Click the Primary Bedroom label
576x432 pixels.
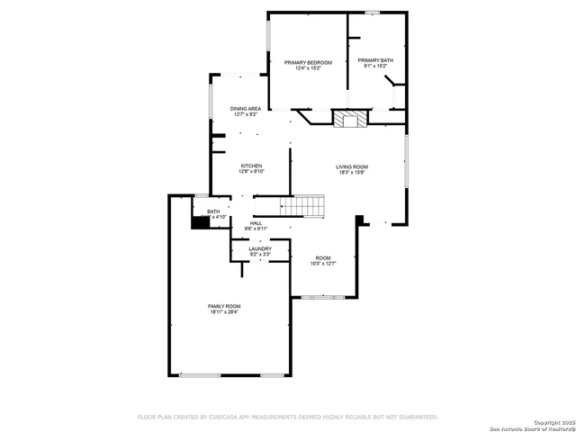coord(309,61)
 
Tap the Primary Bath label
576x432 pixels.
coord(375,60)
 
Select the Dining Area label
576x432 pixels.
coord(245,108)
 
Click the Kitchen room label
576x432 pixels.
coord(251,166)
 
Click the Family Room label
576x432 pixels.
coord(225,306)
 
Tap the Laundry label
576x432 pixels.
coord(247,248)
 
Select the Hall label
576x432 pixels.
coord(256,222)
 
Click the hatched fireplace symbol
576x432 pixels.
coord(350,119)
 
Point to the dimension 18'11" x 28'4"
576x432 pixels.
coord(225,312)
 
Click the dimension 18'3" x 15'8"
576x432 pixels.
coord(352,173)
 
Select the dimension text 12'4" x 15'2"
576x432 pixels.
coord(309,67)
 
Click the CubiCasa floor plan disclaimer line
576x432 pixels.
coord(287,417)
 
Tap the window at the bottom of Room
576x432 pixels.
coord(322,296)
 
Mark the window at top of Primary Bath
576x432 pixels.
coord(373,12)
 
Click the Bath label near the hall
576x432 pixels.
coord(212,211)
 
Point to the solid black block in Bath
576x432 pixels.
coord(200,221)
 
